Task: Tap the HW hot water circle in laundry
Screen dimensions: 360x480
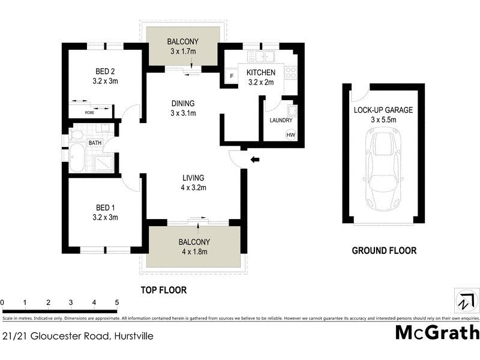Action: (290, 135)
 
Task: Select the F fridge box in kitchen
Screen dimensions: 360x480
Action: (232, 77)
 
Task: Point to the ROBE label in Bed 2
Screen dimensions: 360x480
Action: (89, 112)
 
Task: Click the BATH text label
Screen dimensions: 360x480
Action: (95, 143)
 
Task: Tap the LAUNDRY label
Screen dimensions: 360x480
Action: (281, 120)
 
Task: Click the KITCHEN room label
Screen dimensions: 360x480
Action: (261, 73)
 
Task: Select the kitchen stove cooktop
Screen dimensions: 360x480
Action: (291, 73)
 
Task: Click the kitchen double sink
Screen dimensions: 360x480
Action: (265, 57)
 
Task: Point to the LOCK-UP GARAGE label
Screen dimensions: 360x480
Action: (383, 110)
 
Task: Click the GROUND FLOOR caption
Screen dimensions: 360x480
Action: (383, 251)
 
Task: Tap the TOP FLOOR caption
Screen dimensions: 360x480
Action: (163, 290)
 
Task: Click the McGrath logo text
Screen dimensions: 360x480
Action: (437, 332)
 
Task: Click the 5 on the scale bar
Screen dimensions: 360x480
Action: (117, 302)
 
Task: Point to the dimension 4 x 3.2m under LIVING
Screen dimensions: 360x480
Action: (194, 188)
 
